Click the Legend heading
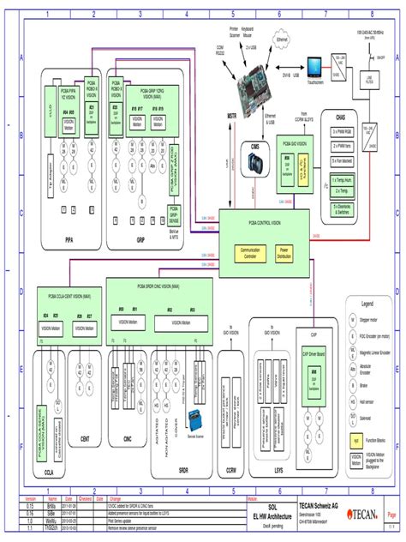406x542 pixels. click(x=367, y=304)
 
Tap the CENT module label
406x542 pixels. click(x=85, y=438)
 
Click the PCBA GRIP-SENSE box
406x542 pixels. click(x=175, y=213)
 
